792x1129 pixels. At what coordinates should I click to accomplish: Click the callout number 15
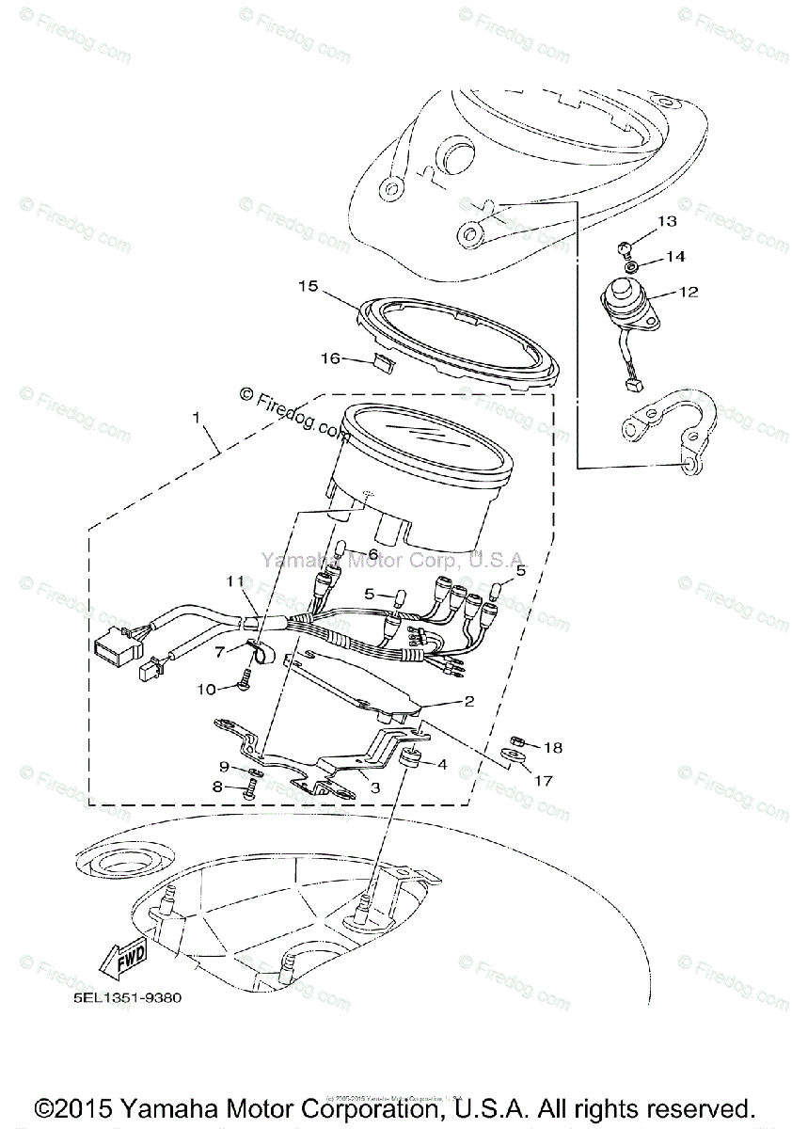click(308, 285)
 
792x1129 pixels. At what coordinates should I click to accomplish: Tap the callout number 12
click(689, 292)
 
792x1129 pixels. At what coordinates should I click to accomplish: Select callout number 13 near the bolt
click(666, 222)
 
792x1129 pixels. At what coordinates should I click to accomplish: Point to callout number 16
click(329, 358)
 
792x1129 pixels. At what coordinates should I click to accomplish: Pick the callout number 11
click(234, 582)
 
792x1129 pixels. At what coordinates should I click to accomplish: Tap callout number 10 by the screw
click(207, 689)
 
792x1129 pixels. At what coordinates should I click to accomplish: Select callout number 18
click(553, 747)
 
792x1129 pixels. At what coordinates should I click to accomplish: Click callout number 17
click(544, 780)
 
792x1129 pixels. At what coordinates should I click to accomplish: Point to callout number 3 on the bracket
click(374, 787)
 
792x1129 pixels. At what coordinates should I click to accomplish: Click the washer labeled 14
click(631, 266)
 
